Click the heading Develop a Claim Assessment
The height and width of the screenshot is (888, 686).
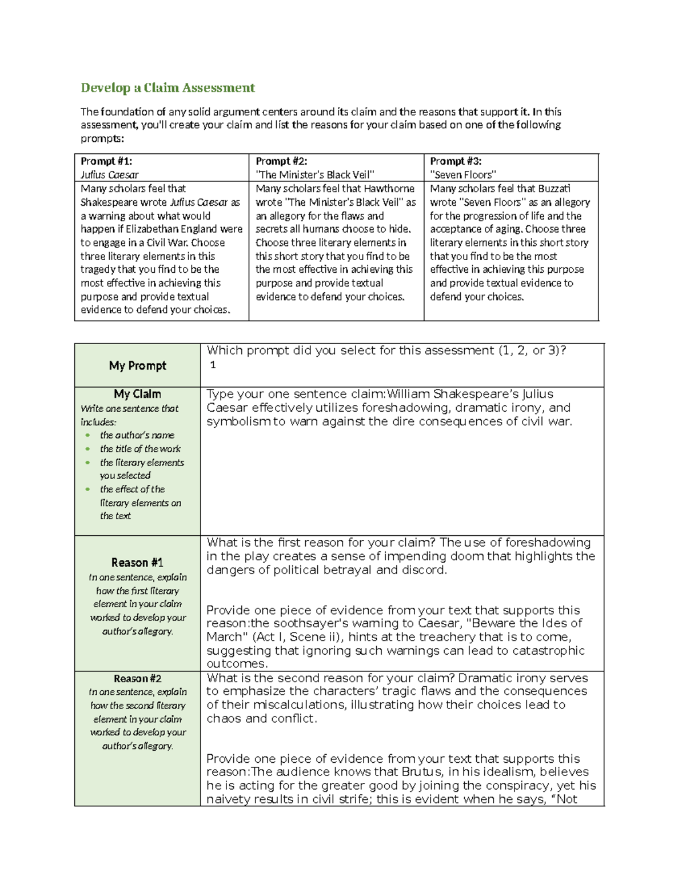tap(167, 87)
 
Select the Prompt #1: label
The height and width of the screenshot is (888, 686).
tap(106, 161)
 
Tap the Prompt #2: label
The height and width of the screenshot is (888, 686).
tap(281, 161)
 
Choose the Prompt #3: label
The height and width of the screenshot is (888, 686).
tap(456, 161)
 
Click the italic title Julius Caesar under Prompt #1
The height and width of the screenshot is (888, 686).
tap(109, 175)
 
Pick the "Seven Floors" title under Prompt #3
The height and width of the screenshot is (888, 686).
tap(462, 175)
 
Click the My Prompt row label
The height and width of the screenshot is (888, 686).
tap(137, 365)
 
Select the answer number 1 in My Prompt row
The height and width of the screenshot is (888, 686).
tap(213, 365)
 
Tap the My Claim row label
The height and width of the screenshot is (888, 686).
tap(137, 394)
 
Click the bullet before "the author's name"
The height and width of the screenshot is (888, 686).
tap(87, 435)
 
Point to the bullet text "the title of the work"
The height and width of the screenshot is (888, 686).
tap(140, 449)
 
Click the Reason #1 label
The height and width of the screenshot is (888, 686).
tap(137, 563)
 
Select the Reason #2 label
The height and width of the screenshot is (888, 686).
tap(137, 679)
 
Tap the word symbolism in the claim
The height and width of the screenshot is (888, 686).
tap(239, 421)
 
